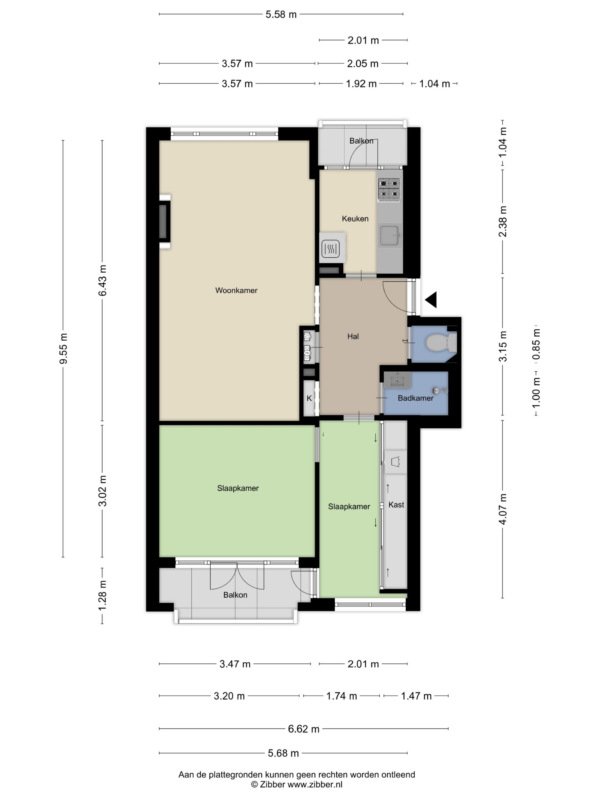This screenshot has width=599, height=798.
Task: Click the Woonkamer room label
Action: (x=236, y=290)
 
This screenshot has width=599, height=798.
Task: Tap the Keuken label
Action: (x=355, y=219)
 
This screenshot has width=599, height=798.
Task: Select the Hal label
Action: (x=353, y=337)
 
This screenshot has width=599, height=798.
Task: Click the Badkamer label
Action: (x=416, y=398)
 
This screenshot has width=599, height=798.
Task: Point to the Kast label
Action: (x=396, y=505)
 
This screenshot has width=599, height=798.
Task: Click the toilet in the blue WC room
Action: (x=441, y=342)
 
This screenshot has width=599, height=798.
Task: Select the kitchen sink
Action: (x=389, y=235)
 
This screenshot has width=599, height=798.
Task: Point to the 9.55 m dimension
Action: (x=64, y=349)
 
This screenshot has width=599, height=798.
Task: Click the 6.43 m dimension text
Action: (x=102, y=280)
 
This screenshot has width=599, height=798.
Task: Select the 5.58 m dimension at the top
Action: (x=281, y=15)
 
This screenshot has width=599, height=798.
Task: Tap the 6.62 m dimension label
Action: (x=304, y=729)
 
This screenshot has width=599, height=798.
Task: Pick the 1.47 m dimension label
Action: (x=416, y=696)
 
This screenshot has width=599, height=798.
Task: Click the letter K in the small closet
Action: (x=309, y=398)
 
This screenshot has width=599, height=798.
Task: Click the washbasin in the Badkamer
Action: (x=398, y=380)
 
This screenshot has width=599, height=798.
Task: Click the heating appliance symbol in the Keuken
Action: (x=330, y=249)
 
